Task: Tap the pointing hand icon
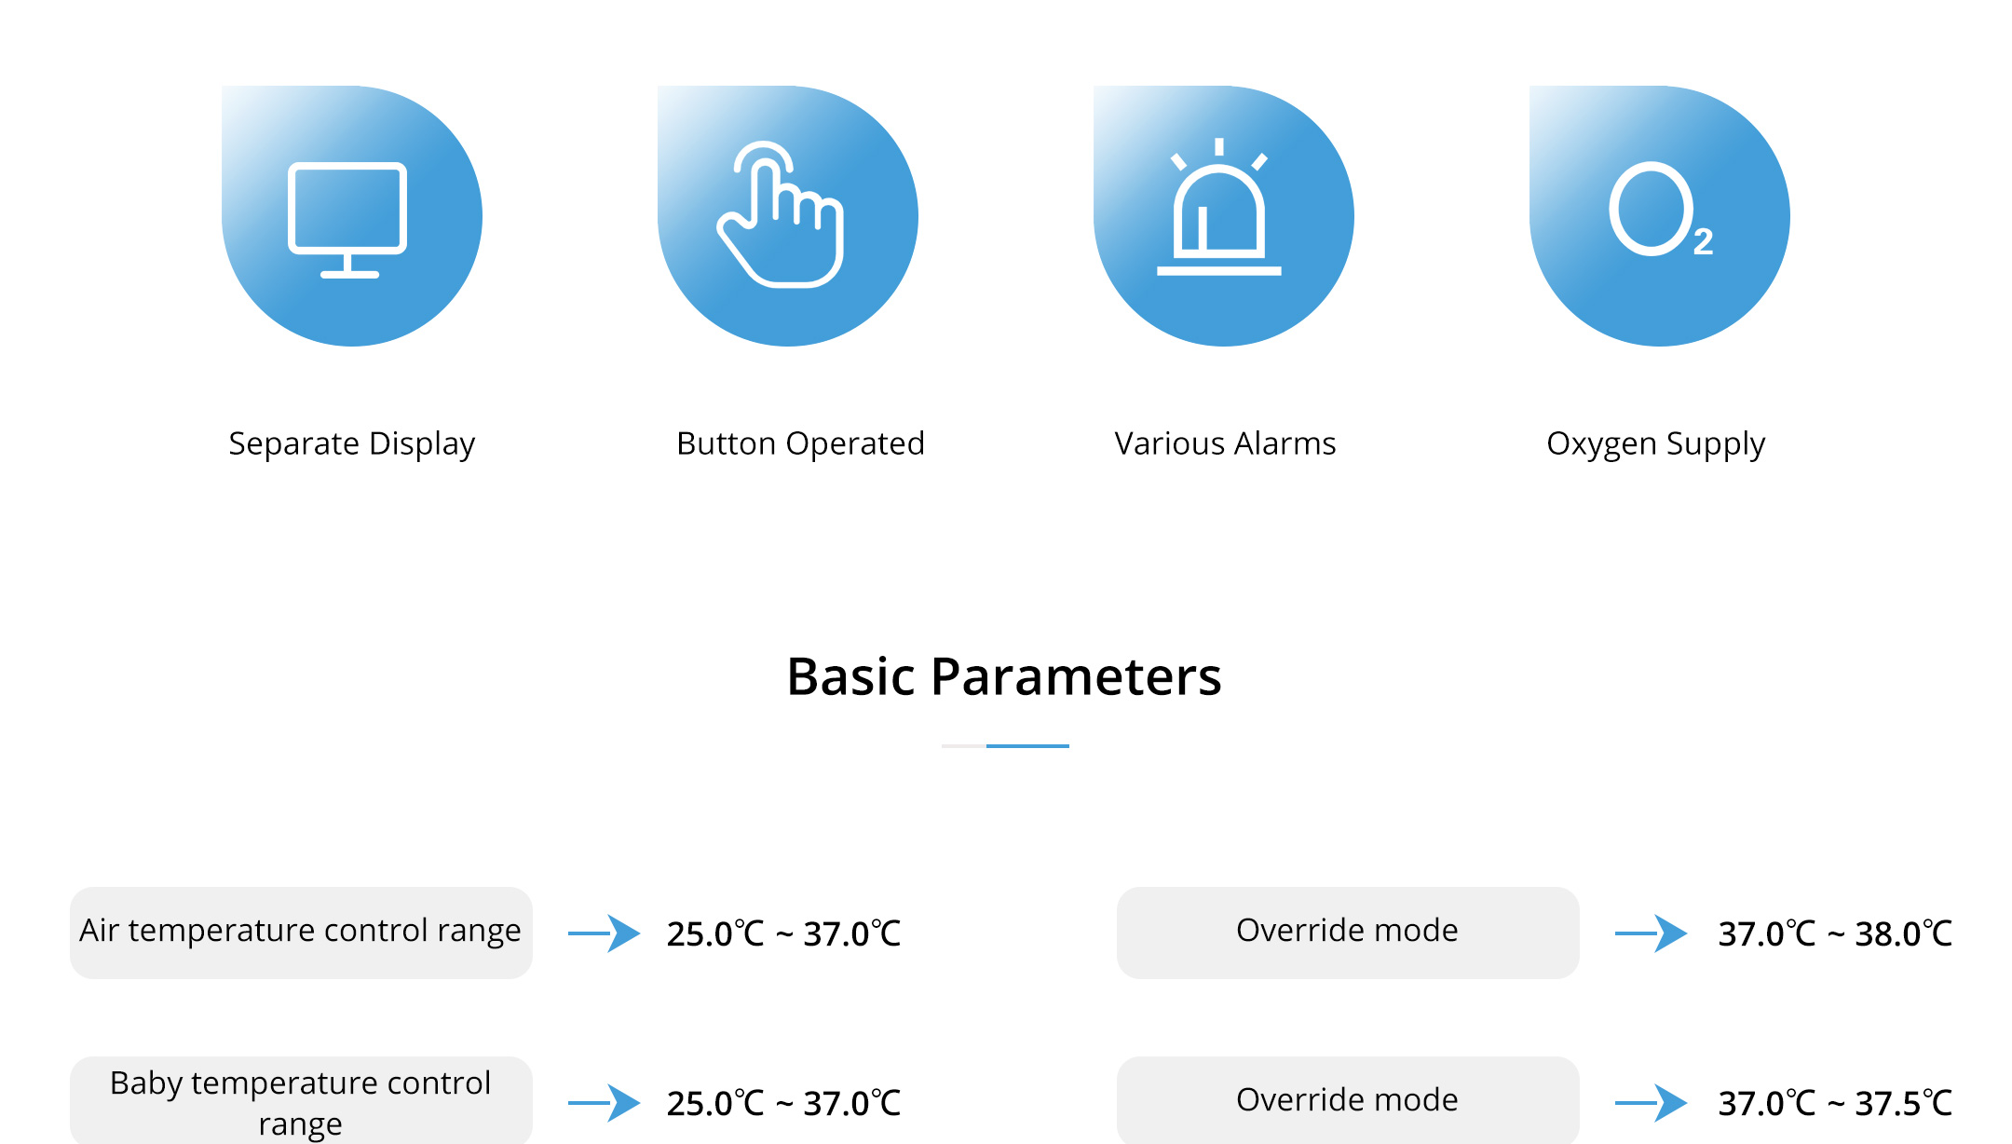tap(781, 214)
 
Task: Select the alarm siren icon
tap(1219, 207)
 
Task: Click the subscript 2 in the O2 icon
tap(1704, 242)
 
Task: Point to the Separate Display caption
tap(352, 443)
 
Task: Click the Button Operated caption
tap(800, 443)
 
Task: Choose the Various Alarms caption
tap(1225, 443)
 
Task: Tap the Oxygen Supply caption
tap(1656, 443)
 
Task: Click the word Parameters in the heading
tap(1076, 676)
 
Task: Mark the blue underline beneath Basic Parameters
tap(1027, 746)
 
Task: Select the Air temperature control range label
tap(300, 931)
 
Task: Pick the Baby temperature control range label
tap(300, 1103)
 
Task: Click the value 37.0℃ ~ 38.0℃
tap(1835, 933)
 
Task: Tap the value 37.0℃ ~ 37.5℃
tap(1835, 1103)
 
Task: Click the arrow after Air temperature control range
tap(605, 933)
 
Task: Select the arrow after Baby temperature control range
tap(605, 1103)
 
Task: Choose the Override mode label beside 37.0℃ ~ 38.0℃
tap(1347, 930)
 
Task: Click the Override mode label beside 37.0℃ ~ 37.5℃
tap(1347, 1099)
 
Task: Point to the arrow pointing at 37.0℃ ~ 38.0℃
tap(1652, 933)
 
